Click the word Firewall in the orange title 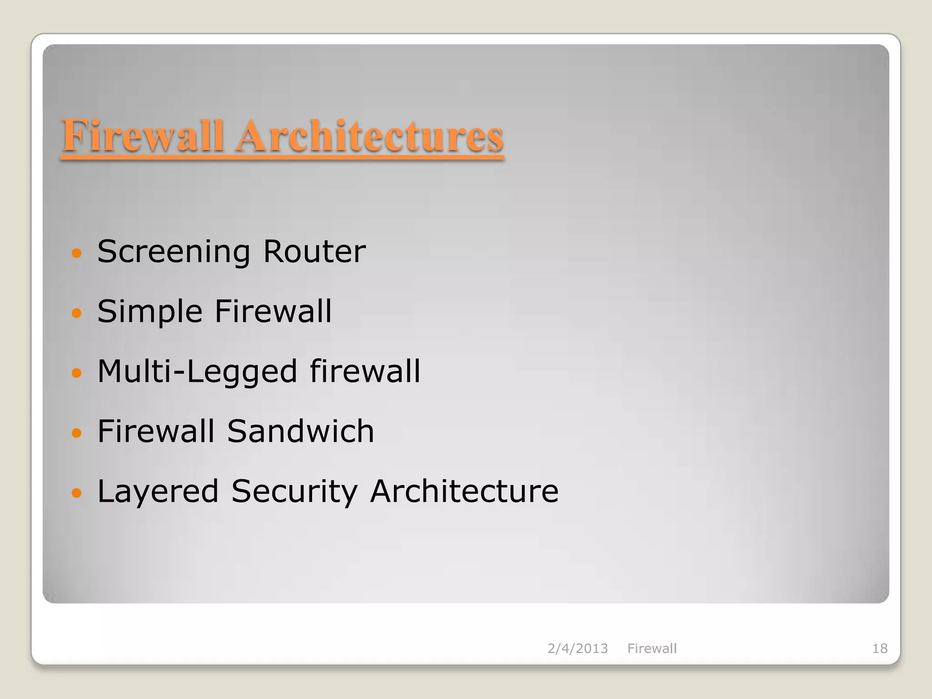click(x=143, y=136)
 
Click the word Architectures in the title click(x=370, y=136)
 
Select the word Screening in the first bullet click(x=174, y=252)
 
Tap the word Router click(x=314, y=252)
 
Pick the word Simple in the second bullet click(x=150, y=312)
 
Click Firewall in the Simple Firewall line click(x=273, y=311)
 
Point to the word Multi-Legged click(x=198, y=372)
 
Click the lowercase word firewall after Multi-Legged click(x=365, y=371)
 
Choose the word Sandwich click(x=300, y=431)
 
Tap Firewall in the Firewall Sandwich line click(x=156, y=431)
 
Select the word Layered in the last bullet click(x=158, y=491)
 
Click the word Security click(x=294, y=491)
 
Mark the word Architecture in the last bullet click(x=464, y=491)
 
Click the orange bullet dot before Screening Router click(x=76, y=253)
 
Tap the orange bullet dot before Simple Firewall click(x=76, y=313)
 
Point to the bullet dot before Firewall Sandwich click(x=76, y=433)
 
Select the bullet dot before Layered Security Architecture click(x=76, y=493)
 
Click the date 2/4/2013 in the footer click(x=577, y=648)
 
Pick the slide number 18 click(x=880, y=648)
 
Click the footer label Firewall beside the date click(x=652, y=648)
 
